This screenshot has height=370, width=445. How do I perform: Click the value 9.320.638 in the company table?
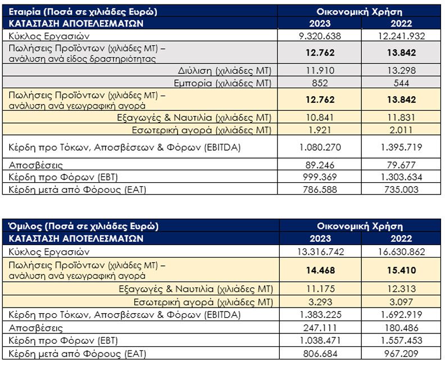(x=320, y=36)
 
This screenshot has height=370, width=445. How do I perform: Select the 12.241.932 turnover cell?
(x=401, y=36)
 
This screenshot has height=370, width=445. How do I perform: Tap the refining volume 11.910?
(x=320, y=70)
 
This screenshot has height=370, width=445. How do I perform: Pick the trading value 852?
(x=320, y=83)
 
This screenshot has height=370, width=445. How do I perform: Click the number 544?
(x=401, y=83)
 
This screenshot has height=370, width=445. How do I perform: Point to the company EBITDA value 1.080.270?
(x=320, y=147)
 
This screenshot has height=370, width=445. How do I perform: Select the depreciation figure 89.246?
(x=320, y=165)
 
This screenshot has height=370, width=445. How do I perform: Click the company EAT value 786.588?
(x=320, y=189)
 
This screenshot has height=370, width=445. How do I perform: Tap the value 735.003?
(x=401, y=189)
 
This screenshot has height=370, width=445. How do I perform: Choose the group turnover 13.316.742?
(x=320, y=251)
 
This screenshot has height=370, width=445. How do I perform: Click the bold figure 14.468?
(x=320, y=270)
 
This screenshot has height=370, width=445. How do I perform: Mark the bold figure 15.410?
(x=402, y=270)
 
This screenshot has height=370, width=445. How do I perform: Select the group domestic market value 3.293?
(x=320, y=302)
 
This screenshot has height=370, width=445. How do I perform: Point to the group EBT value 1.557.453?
(x=402, y=340)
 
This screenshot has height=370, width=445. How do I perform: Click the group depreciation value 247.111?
(x=320, y=328)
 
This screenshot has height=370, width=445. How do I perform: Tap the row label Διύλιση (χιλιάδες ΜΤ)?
(x=225, y=71)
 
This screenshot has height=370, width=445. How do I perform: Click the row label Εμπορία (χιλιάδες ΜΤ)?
(x=223, y=83)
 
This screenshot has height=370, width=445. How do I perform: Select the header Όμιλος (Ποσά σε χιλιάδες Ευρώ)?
(x=83, y=226)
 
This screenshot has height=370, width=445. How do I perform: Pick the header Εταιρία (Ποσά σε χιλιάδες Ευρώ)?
(x=83, y=12)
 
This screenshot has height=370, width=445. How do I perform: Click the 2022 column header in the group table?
(x=401, y=238)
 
